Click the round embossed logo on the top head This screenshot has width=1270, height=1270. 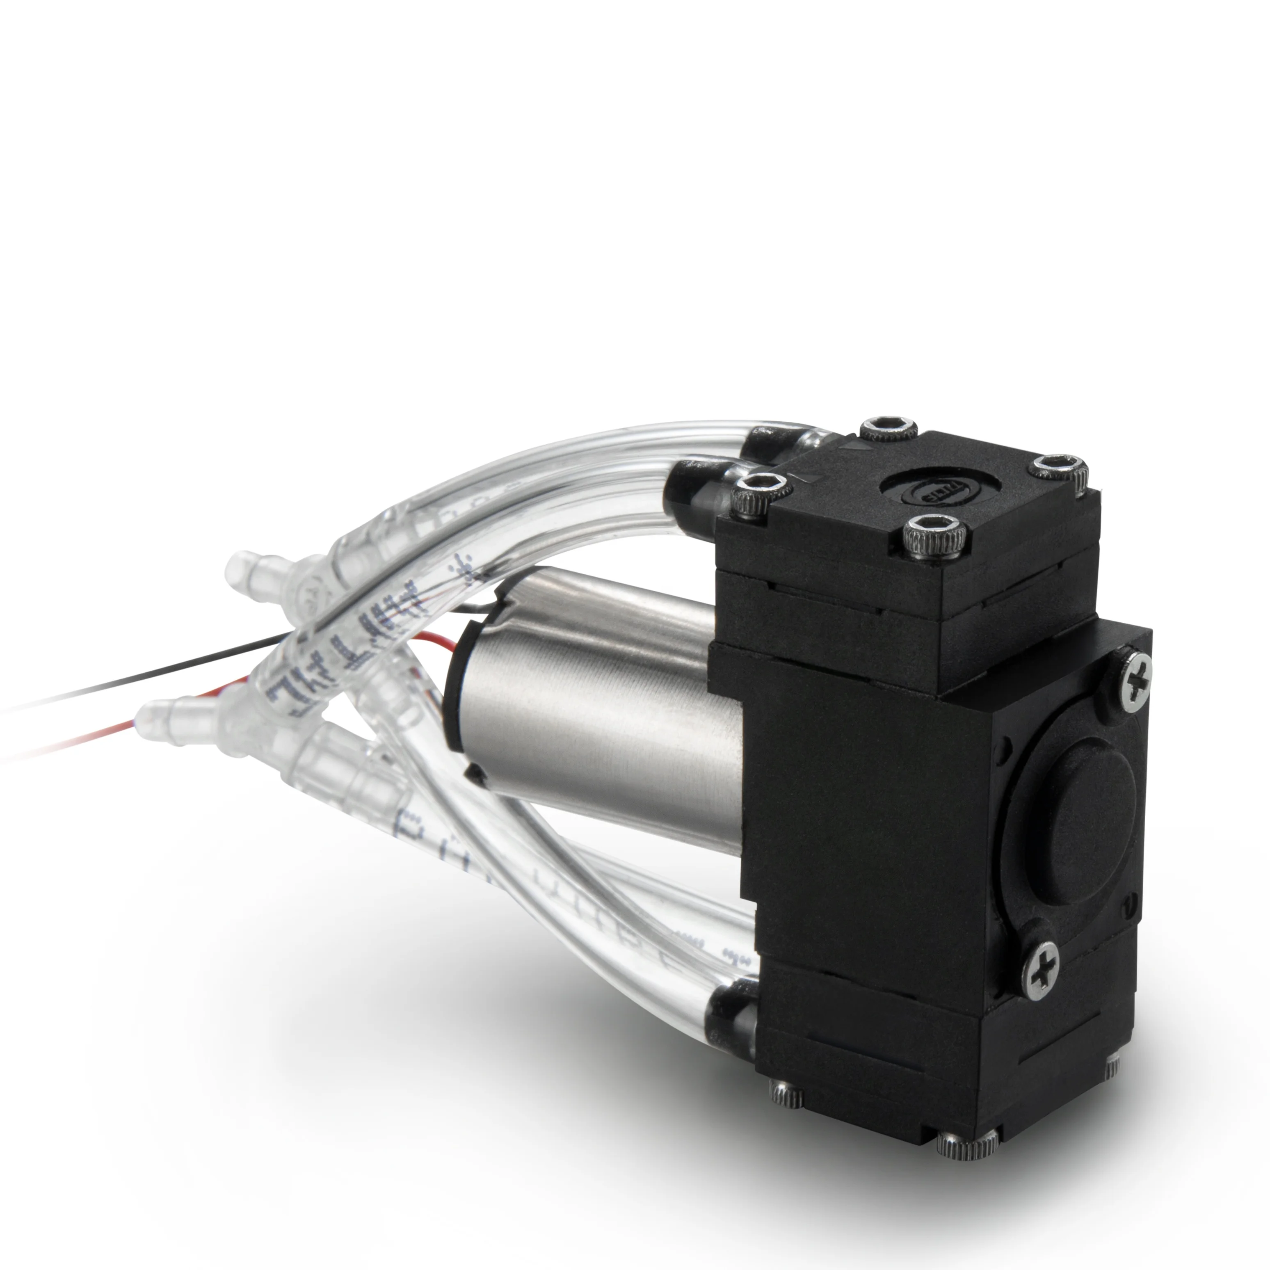pyautogui.click(x=940, y=490)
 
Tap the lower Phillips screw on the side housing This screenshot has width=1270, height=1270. pyautogui.click(x=1042, y=970)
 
